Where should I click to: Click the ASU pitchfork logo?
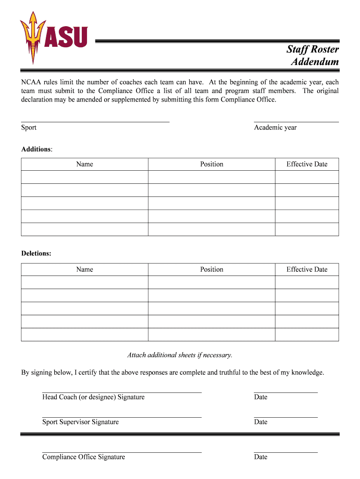coord(33,37)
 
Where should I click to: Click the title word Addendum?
coord(315,62)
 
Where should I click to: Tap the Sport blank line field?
coord(95,121)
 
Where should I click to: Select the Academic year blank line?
coord(296,121)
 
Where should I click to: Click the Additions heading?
coord(36,149)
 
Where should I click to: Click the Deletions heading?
coord(36,254)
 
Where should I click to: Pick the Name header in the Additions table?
coord(85,164)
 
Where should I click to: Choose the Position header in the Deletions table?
coord(212,269)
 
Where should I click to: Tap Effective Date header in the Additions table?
coord(307,164)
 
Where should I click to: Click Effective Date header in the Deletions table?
coord(307,269)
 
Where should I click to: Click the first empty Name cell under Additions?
coord(85,177)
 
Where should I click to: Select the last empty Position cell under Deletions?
coord(212,335)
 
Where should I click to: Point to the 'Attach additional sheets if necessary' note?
coord(180,355)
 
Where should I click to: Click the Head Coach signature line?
coord(122,392)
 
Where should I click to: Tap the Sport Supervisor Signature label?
coord(80,422)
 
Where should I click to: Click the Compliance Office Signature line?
coord(122,452)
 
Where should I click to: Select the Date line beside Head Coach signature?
coord(285,392)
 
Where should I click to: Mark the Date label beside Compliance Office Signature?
coord(261,457)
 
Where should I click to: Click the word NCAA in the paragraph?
coord(31,82)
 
